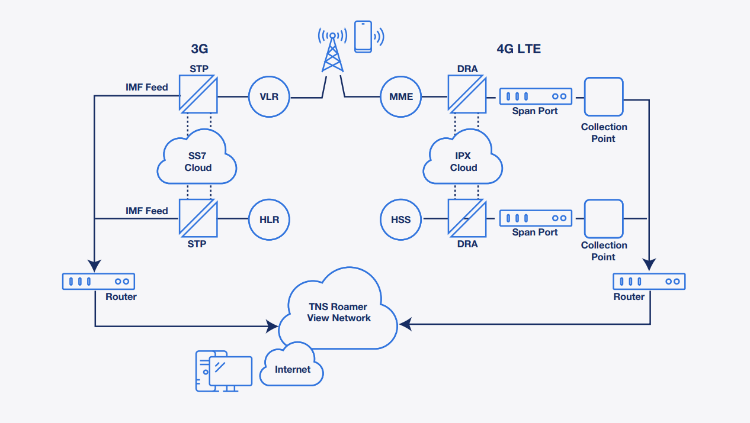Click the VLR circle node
click(x=268, y=96)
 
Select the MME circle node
click(x=401, y=96)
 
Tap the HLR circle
click(x=268, y=219)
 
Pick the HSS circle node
click(x=401, y=219)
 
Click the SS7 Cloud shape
click(x=197, y=161)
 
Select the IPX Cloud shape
click(x=463, y=161)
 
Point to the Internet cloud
click(x=293, y=369)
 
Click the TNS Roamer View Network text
click(x=338, y=312)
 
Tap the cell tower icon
click(x=332, y=51)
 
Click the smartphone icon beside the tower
click(x=363, y=36)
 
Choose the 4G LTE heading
click(x=519, y=49)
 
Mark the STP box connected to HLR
click(x=198, y=218)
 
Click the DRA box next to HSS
click(x=467, y=218)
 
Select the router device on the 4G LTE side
click(x=649, y=282)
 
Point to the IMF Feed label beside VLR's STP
click(x=146, y=88)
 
